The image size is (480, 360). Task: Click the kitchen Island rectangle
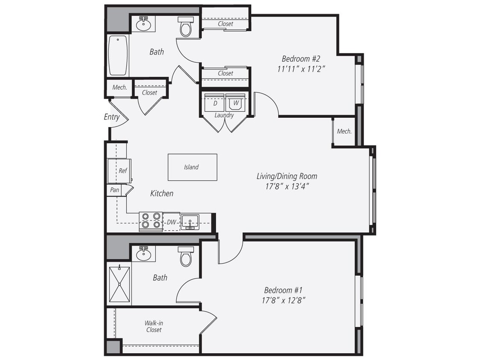pos(192,167)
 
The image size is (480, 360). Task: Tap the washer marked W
pos(236,103)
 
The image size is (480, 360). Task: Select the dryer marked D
pos(215,103)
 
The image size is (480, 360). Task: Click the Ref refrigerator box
pos(120,171)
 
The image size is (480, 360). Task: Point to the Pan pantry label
pos(115,190)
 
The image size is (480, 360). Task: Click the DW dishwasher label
pos(171,222)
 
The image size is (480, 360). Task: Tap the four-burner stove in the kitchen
pos(151,221)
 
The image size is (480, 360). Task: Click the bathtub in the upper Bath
pos(118,56)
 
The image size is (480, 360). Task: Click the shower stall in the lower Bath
pos(119,284)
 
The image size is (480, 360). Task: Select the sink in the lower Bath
pos(143,254)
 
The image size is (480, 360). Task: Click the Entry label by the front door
pos(112,117)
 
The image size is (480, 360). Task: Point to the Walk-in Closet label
pos(154,326)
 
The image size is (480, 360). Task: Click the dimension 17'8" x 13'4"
pos(286,186)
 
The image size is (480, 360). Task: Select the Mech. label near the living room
pos(344,131)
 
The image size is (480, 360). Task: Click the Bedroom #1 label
pos(283,290)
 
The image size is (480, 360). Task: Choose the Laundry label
pos(224,115)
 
